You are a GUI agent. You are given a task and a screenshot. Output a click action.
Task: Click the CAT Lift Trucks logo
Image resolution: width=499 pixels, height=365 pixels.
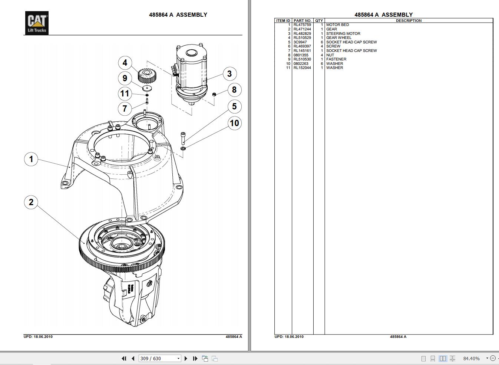click(x=37, y=23)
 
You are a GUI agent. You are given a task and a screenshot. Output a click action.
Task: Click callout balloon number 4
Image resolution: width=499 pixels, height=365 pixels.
click(x=125, y=63)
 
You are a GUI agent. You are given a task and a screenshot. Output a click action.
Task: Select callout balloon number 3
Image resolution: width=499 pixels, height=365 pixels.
click(x=229, y=74)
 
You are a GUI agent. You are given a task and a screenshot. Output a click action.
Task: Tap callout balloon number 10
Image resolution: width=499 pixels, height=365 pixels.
click(x=234, y=123)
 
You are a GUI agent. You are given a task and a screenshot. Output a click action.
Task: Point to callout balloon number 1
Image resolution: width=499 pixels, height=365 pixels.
click(x=31, y=159)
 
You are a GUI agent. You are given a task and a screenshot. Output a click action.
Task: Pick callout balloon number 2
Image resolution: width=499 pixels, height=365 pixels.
click(x=31, y=202)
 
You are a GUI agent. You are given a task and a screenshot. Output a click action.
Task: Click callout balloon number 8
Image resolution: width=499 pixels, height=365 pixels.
click(x=234, y=90)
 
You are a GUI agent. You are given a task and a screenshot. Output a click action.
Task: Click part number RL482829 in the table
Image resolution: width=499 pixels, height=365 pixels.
click(x=302, y=33)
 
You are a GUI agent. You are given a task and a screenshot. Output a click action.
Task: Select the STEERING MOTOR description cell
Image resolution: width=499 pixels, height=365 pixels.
click(x=343, y=33)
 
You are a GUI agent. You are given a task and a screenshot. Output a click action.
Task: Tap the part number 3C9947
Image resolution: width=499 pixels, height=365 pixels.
click(x=300, y=42)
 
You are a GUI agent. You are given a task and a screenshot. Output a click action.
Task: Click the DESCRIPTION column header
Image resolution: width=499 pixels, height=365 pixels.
click(x=409, y=21)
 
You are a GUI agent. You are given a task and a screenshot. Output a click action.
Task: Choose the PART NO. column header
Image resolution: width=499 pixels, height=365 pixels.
click(x=302, y=21)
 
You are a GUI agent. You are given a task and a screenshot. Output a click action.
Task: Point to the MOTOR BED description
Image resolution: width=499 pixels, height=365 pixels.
click(x=337, y=25)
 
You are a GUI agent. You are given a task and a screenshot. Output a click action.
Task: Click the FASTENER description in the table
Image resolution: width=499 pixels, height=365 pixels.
click(x=336, y=59)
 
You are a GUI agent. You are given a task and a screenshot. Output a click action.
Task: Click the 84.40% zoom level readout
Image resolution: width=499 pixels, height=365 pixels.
click(x=471, y=358)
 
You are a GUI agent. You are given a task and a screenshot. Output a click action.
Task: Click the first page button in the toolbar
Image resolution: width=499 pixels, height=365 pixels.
click(x=124, y=358)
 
